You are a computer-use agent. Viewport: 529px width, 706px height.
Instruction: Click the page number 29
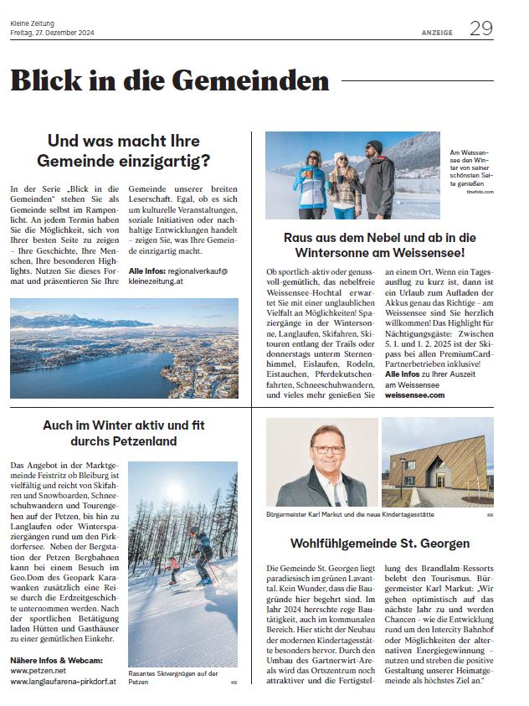(x=480, y=28)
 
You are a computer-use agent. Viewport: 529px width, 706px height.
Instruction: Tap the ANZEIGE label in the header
(x=437, y=33)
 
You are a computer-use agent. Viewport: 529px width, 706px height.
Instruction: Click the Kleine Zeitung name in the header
(x=31, y=23)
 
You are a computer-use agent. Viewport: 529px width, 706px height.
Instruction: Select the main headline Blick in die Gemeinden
(x=170, y=81)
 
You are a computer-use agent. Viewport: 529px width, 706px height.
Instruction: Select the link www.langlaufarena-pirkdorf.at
(x=63, y=682)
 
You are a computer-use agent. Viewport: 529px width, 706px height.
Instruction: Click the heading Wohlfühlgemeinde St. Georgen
(x=379, y=543)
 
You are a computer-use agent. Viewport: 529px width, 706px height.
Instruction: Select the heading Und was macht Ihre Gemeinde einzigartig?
(x=128, y=151)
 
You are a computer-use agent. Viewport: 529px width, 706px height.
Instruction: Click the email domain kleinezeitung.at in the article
(x=161, y=283)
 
